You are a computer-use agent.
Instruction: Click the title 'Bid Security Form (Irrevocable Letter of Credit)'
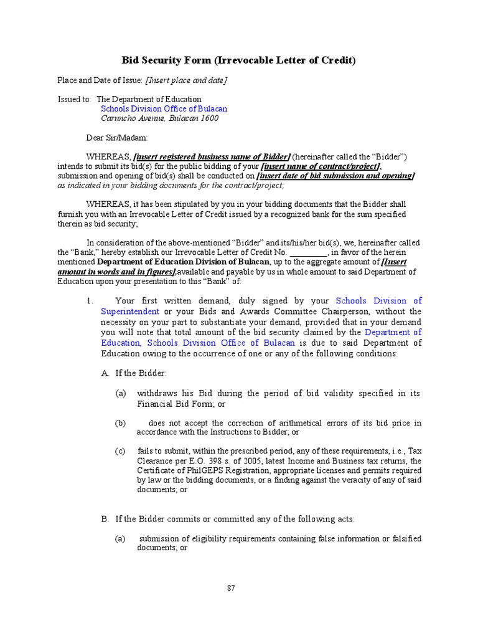(x=238, y=60)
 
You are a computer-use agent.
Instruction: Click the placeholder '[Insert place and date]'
(x=186, y=80)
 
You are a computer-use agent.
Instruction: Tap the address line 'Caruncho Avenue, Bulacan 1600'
(x=160, y=118)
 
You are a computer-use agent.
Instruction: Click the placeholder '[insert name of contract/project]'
(x=321, y=166)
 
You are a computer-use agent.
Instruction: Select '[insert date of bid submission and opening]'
(x=335, y=176)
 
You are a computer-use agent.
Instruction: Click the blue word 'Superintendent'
(x=129, y=312)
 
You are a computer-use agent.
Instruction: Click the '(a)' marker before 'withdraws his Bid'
(x=121, y=394)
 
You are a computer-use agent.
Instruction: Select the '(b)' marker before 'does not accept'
(x=121, y=423)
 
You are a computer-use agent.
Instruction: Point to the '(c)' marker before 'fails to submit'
(x=121, y=450)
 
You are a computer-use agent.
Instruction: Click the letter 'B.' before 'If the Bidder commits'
(x=105, y=519)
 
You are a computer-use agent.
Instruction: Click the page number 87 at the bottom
(x=231, y=588)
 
